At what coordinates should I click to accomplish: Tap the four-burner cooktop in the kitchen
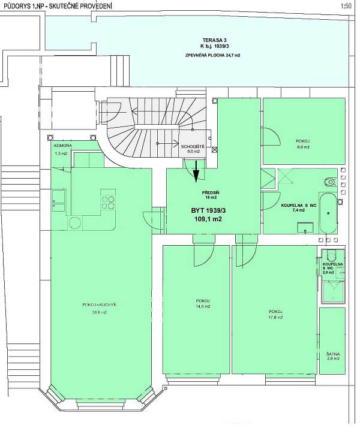[107, 200]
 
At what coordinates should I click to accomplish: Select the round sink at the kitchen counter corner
[74, 223]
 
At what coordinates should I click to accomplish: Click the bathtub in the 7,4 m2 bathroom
[328, 213]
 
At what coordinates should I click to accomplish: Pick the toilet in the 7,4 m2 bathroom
[330, 182]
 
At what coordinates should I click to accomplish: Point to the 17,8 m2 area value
[275, 318]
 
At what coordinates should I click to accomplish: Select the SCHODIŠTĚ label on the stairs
[191, 146]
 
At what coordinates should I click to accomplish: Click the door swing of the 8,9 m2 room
[271, 137]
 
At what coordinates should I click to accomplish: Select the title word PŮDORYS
[13, 6]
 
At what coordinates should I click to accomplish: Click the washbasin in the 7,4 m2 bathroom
[307, 227]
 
